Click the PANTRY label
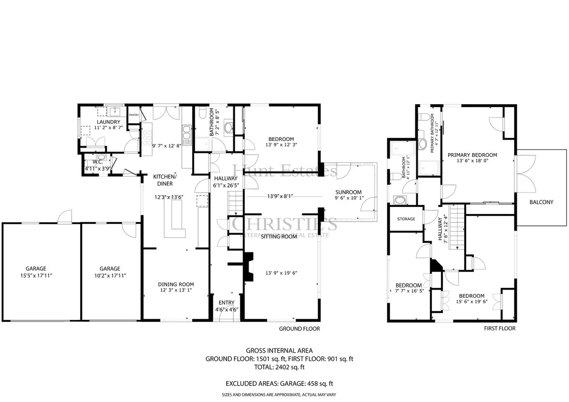click(x=134, y=115)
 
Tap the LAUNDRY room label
click(x=109, y=122)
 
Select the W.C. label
click(x=98, y=162)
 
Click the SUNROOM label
click(x=348, y=192)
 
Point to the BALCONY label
click(x=541, y=202)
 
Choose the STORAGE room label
click(x=406, y=219)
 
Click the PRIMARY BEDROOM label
click(x=472, y=155)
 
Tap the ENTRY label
click(x=227, y=303)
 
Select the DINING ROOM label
click(x=176, y=284)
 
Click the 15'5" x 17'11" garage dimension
click(x=36, y=276)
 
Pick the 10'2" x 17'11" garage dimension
click(x=110, y=276)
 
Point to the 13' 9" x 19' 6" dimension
click(x=281, y=273)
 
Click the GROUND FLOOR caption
click(x=300, y=329)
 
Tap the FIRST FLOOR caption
click(x=500, y=329)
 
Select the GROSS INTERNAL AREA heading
click(x=279, y=351)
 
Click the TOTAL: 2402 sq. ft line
click(x=279, y=367)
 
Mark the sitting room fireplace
click(x=248, y=267)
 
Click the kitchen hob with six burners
click(x=147, y=138)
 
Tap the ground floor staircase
click(x=236, y=204)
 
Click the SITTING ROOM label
click(x=279, y=237)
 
